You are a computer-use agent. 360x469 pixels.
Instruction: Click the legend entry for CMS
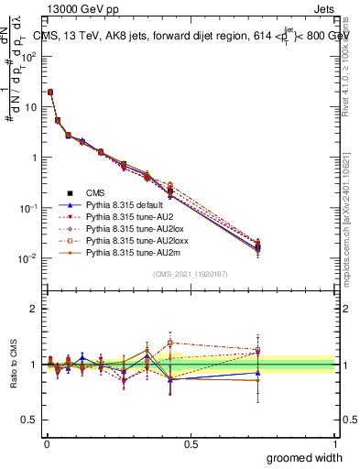click(95, 192)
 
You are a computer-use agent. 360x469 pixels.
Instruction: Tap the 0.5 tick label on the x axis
click(191, 444)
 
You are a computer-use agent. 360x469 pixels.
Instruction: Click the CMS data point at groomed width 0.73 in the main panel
click(258, 245)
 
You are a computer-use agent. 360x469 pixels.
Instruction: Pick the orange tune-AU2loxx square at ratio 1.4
click(171, 343)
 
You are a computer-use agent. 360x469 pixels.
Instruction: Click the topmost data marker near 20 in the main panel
click(50, 92)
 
